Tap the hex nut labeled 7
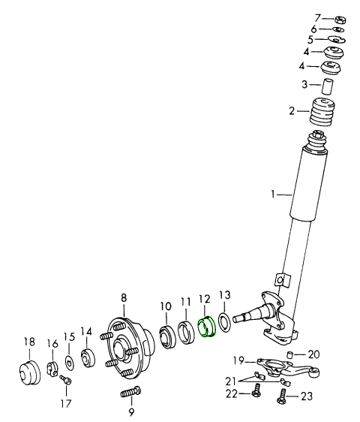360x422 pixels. (x=340, y=20)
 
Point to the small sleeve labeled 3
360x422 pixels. (x=328, y=86)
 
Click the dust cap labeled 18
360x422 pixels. (x=30, y=373)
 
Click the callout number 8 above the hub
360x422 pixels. (x=124, y=298)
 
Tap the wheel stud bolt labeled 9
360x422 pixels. (x=130, y=393)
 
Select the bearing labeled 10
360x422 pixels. (x=167, y=336)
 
